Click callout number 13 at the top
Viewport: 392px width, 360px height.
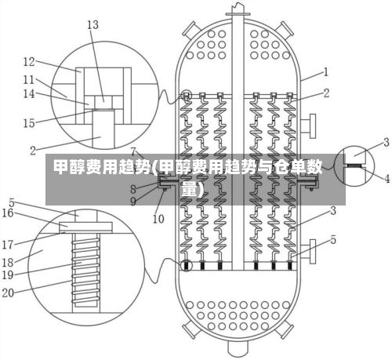pyautogui.click(x=93, y=25)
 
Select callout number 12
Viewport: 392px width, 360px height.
pyautogui.click(x=29, y=62)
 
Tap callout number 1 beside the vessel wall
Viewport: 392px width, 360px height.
pyautogui.click(x=325, y=72)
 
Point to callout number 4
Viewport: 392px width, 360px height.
pyautogui.click(x=387, y=179)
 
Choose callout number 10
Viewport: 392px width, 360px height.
pyautogui.click(x=158, y=219)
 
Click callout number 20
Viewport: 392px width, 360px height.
pyautogui.click(x=8, y=293)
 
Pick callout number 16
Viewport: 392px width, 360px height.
pyautogui.click(x=8, y=213)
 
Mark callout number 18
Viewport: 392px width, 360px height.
pyautogui.click(x=8, y=262)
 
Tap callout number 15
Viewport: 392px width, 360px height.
pyautogui.click(x=29, y=123)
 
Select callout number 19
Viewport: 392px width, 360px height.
pyautogui.click(x=8, y=275)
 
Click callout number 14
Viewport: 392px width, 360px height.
pyautogui.click(x=29, y=93)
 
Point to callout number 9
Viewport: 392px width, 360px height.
pyautogui.click(x=133, y=202)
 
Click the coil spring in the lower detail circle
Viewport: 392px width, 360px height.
pyautogui.click(x=86, y=271)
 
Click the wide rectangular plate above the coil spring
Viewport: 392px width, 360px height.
pyautogui.click(x=85, y=227)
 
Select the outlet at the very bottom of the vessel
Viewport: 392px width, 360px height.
pyautogui.click(x=238, y=347)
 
